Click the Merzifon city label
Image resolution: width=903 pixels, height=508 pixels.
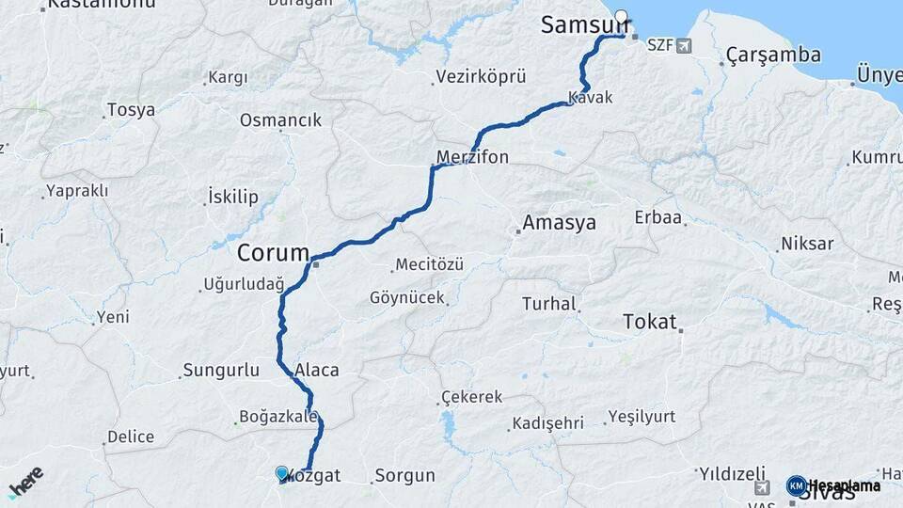473,157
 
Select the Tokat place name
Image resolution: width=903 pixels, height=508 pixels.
649,322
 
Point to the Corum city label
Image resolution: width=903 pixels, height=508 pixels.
273,252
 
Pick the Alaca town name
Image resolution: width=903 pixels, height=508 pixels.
317,370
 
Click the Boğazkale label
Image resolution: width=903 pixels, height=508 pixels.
278,417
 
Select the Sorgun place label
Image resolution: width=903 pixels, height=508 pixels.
405,475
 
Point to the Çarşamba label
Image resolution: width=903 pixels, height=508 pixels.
773,56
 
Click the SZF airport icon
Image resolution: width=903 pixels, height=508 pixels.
682,45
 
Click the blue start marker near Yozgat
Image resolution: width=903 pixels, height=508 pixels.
281,473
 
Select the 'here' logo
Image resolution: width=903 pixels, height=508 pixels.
25,481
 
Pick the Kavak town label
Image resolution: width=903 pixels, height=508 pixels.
591,97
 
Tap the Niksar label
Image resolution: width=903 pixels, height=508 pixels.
807,244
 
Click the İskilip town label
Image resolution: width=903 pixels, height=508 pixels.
231,197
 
